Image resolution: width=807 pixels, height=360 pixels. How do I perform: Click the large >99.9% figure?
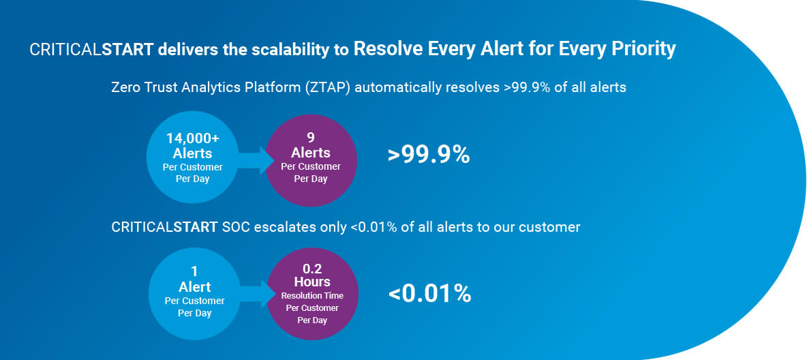click(x=429, y=155)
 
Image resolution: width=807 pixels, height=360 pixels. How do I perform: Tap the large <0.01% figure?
click(x=430, y=294)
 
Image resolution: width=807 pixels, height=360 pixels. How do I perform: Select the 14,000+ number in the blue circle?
click(x=192, y=138)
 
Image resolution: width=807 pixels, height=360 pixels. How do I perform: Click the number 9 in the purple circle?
click(x=310, y=138)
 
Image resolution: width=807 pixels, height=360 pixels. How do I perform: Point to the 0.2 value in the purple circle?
click(x=312, y=269)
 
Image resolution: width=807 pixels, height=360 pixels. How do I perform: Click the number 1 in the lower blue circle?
click(x=194, y=271)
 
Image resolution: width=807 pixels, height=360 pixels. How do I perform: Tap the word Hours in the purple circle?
click(x=312, y=282)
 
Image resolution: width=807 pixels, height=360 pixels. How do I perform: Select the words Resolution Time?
click(x=312, y=296)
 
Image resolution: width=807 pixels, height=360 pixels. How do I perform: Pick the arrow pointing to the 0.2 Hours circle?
click(x=254, y=293)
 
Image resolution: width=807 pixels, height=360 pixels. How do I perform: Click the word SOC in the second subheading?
click(x=234, y=226)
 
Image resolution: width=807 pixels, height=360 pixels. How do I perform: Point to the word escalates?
click(x=275, y=226)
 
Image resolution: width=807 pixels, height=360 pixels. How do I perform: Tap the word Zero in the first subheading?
click(x=125, y=87)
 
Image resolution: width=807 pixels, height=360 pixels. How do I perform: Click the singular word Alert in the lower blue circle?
click(x=194, y=287)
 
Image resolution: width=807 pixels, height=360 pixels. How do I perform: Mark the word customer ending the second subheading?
click(x=553, y=227)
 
